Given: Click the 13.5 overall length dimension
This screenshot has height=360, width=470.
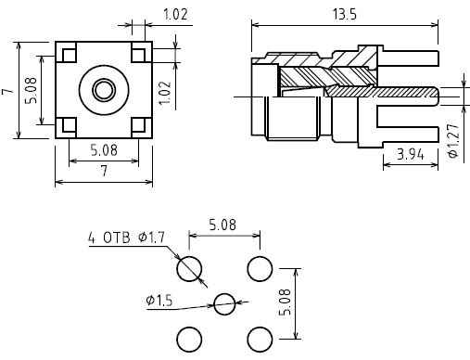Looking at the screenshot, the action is pos(344,15).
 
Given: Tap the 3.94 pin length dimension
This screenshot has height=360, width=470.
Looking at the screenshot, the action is pos(410,154).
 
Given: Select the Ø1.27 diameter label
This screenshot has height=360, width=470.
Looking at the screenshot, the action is pos(453,141).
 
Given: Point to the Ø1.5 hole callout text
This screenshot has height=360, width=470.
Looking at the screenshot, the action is pos(159,301).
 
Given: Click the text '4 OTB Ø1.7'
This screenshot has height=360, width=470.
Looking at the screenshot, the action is pos(127,238).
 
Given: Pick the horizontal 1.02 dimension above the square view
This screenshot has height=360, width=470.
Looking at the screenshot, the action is pos(175,15).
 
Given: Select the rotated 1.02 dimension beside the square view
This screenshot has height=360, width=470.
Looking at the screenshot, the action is pos(165,93).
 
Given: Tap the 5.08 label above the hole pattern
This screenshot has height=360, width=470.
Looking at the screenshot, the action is pos(222,225).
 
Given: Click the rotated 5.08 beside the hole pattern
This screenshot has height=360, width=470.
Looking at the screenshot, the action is pos(285,302).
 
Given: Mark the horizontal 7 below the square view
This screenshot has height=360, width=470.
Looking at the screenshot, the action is pos(104,171).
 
